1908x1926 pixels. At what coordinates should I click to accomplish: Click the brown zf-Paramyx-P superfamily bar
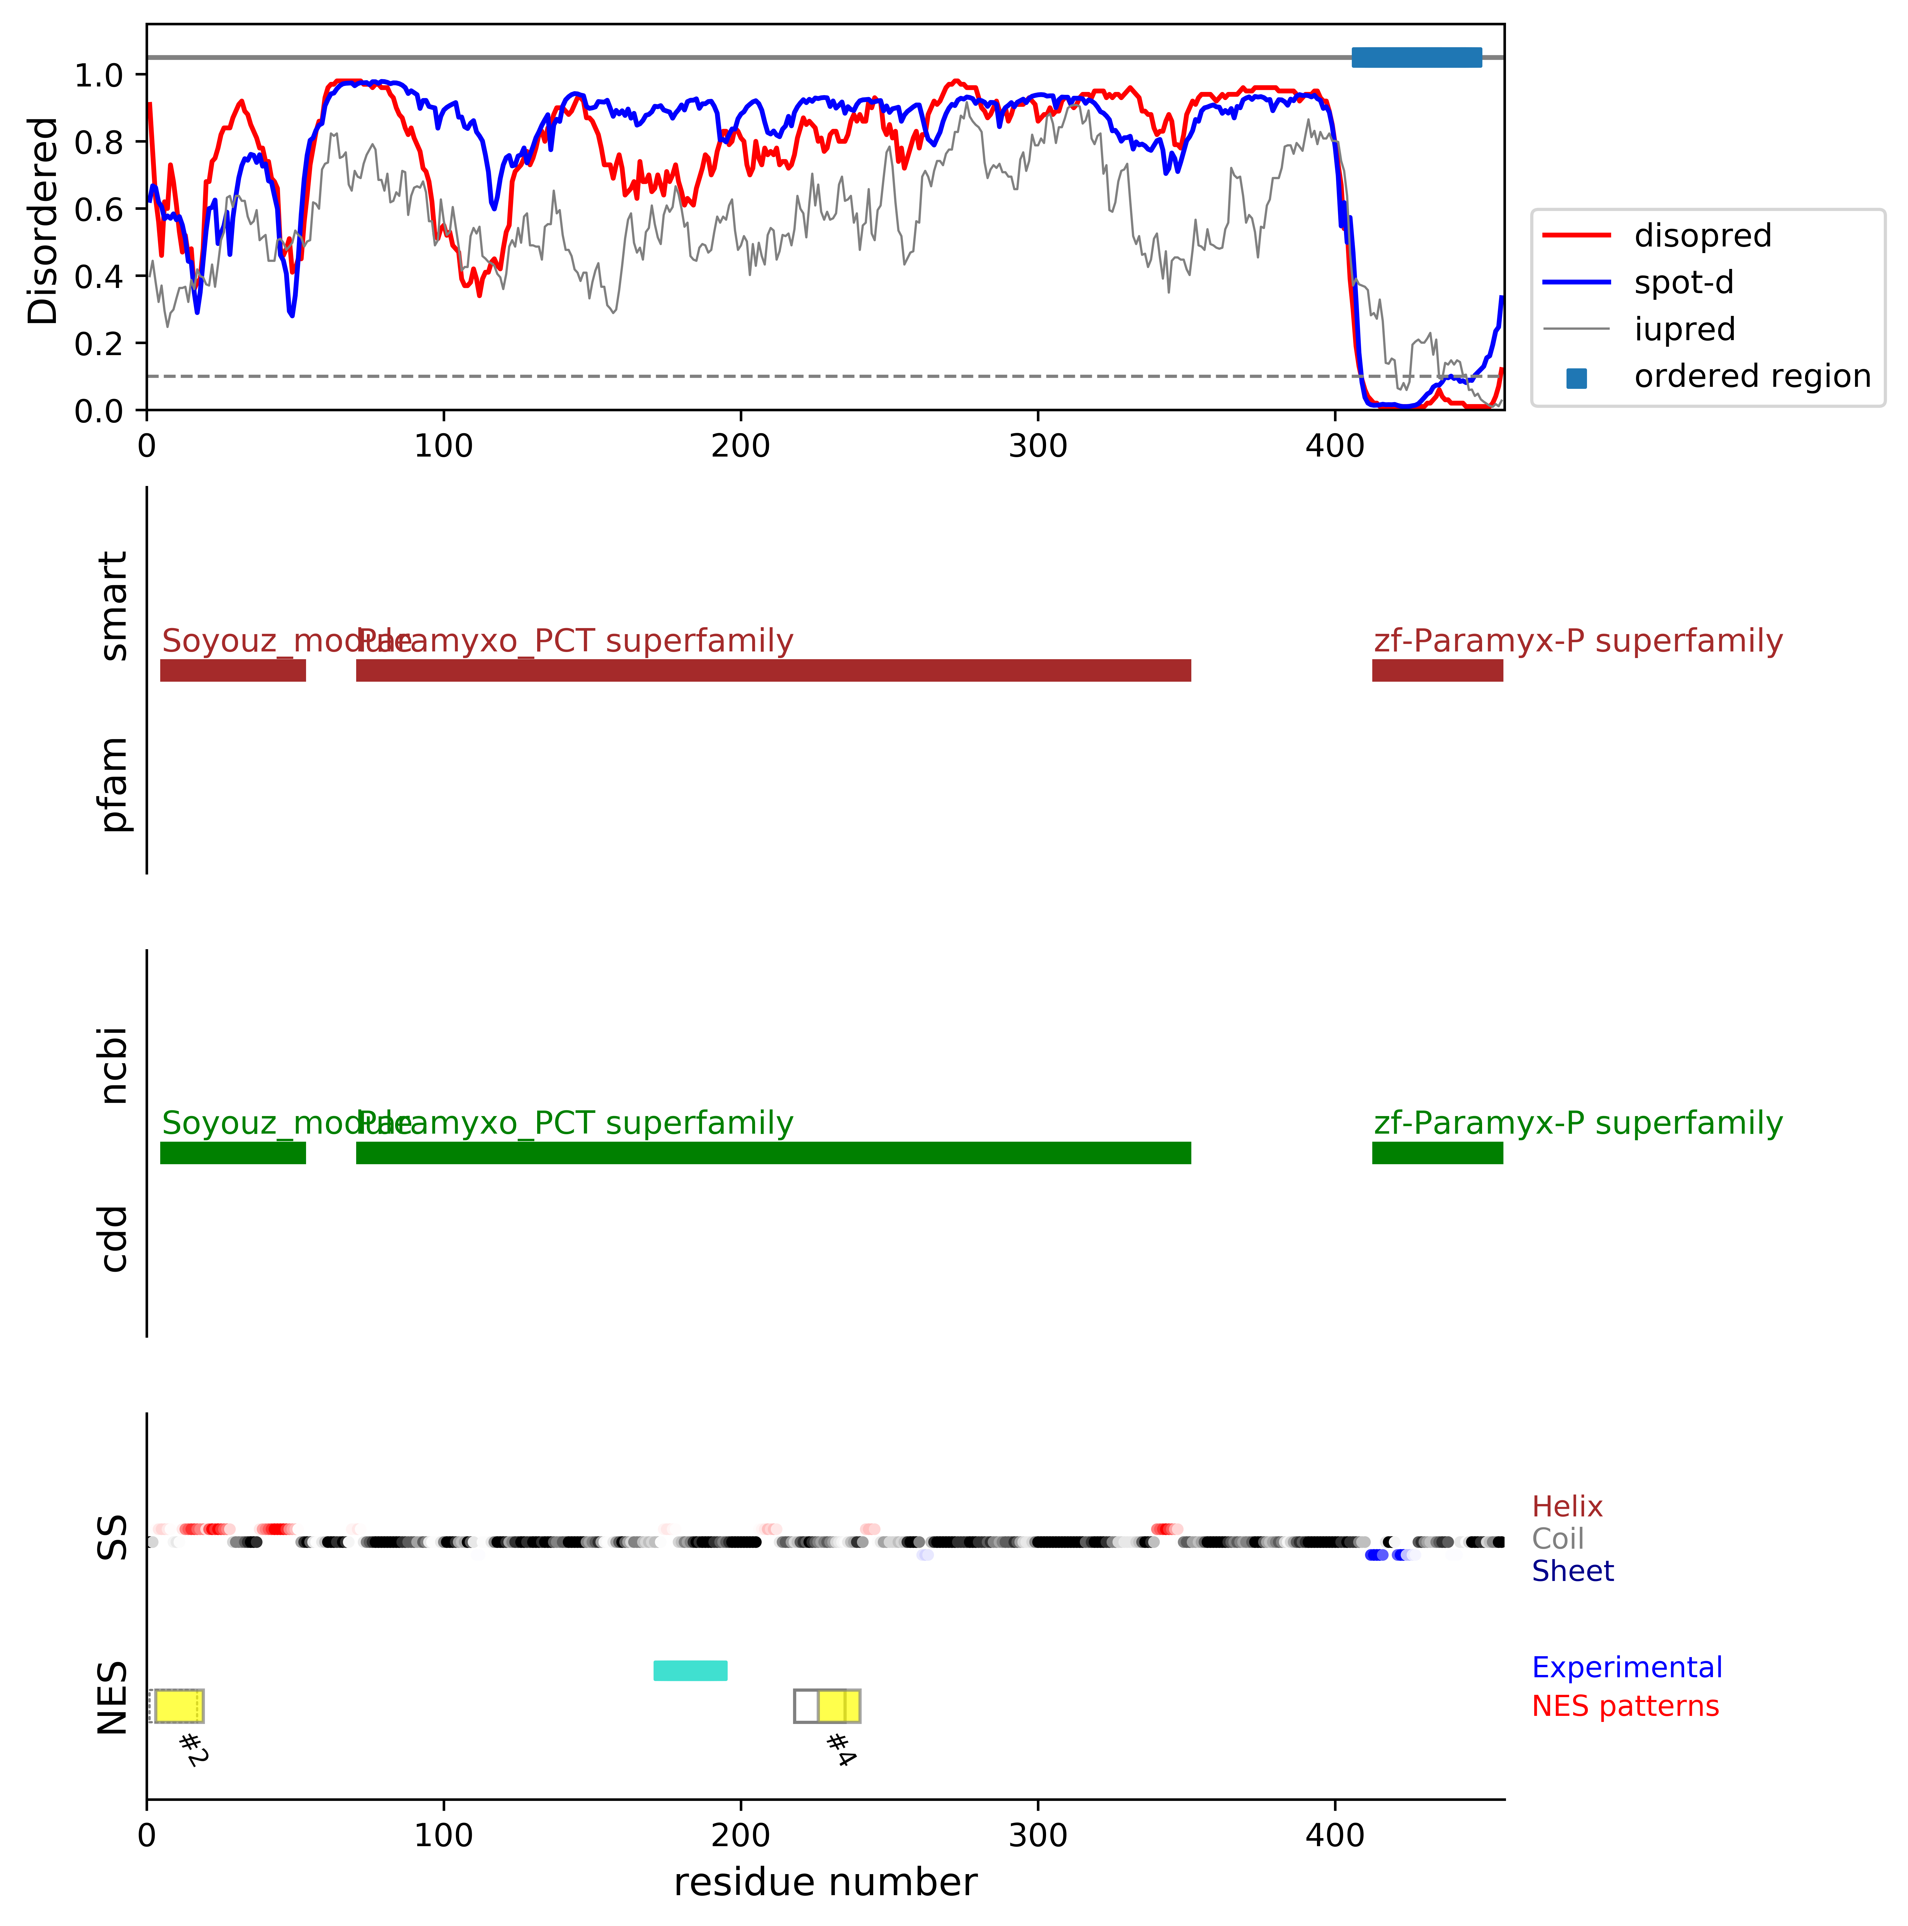[x=1437, y=670]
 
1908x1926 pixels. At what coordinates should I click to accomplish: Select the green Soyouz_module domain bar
[x=232, y=1152]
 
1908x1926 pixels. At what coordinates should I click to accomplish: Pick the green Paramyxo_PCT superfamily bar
[x=773, y=1152]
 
